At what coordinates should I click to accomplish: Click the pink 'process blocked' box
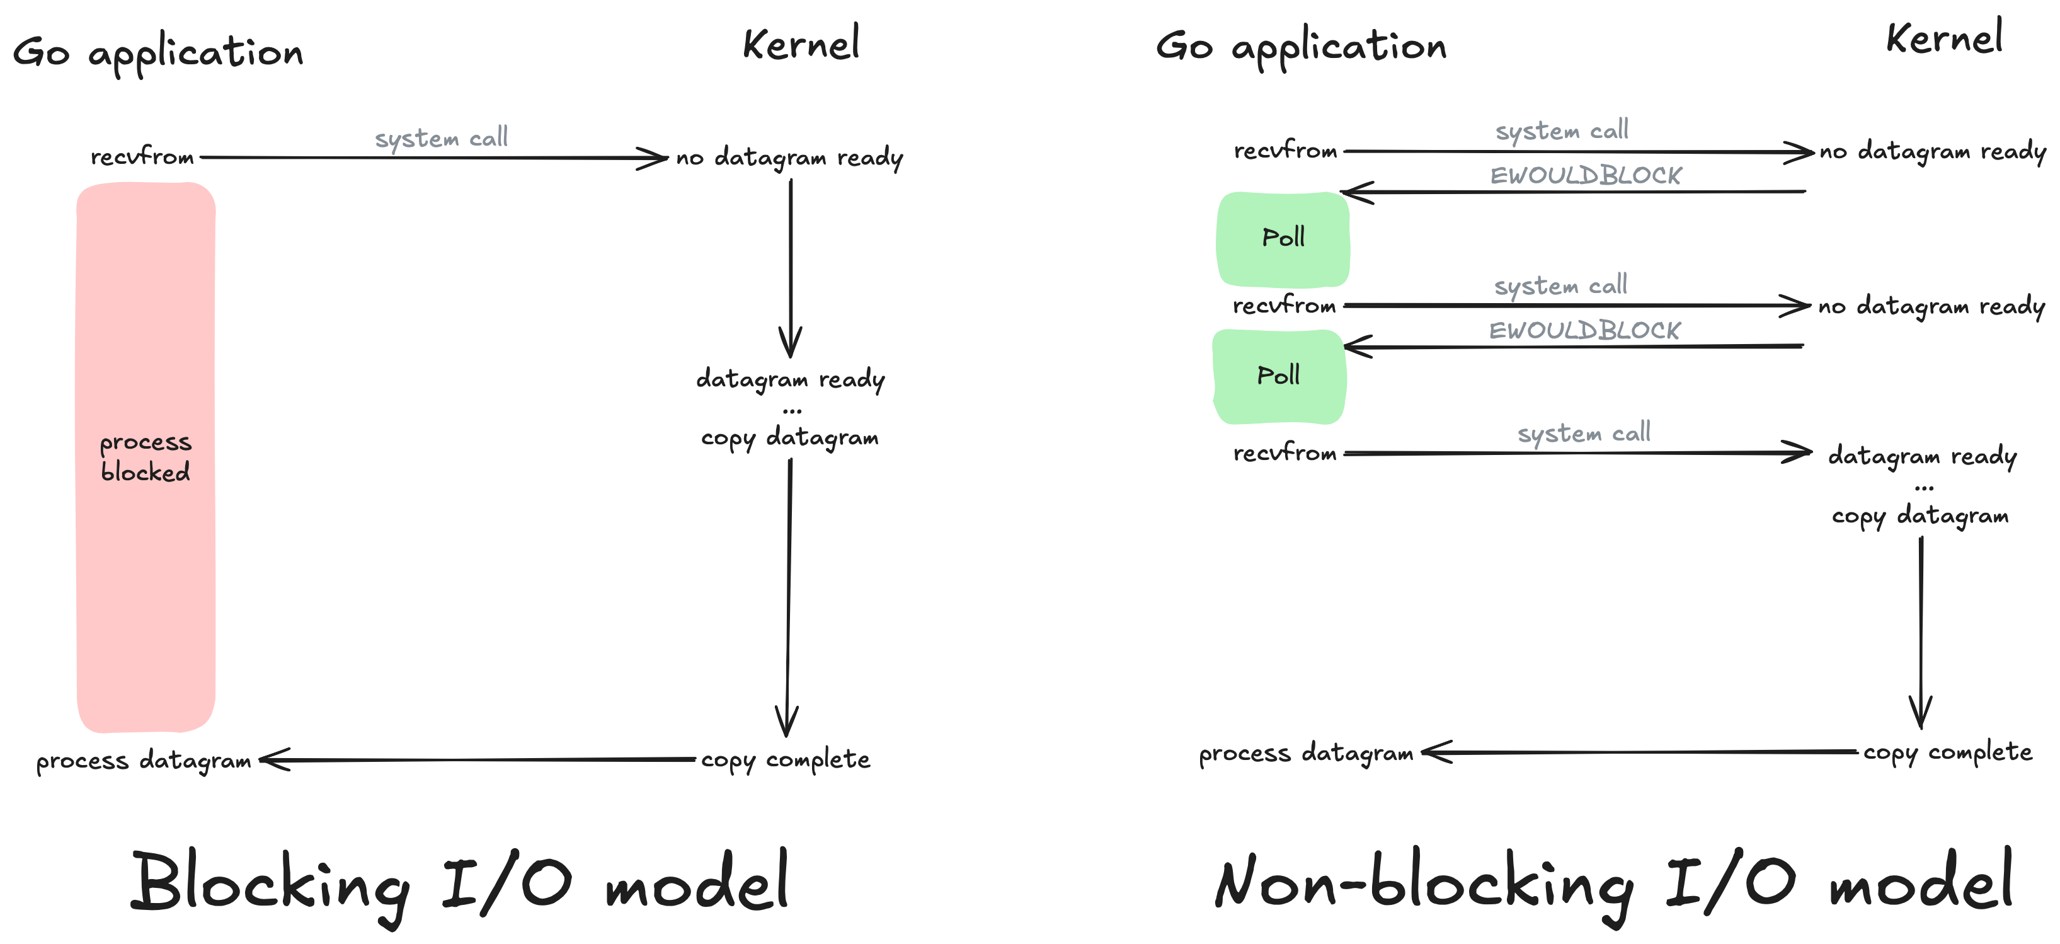tap(146, 456)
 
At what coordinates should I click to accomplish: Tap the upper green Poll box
tap(1283, 238)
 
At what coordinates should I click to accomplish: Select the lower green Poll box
tap(1278, 376)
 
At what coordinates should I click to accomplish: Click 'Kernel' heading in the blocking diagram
tap(801, 44)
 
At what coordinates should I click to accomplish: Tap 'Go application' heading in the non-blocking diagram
tap(1301, 47)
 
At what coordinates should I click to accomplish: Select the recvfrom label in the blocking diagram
tap(142, 157)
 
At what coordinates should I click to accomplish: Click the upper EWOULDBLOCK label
tap(1585, 175)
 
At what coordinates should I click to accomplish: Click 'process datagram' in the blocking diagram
tap(144, 760)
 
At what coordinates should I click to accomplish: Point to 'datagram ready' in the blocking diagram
tap(790, 378)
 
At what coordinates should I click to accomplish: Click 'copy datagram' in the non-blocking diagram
tap(1920, 515)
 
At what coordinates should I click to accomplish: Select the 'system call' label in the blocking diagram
tap(442, 137)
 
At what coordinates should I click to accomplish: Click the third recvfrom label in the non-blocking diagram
tap(1285, 454)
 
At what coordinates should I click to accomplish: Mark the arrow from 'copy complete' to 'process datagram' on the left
tap(480, 759)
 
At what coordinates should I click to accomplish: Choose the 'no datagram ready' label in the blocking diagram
tap(789, 158)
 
